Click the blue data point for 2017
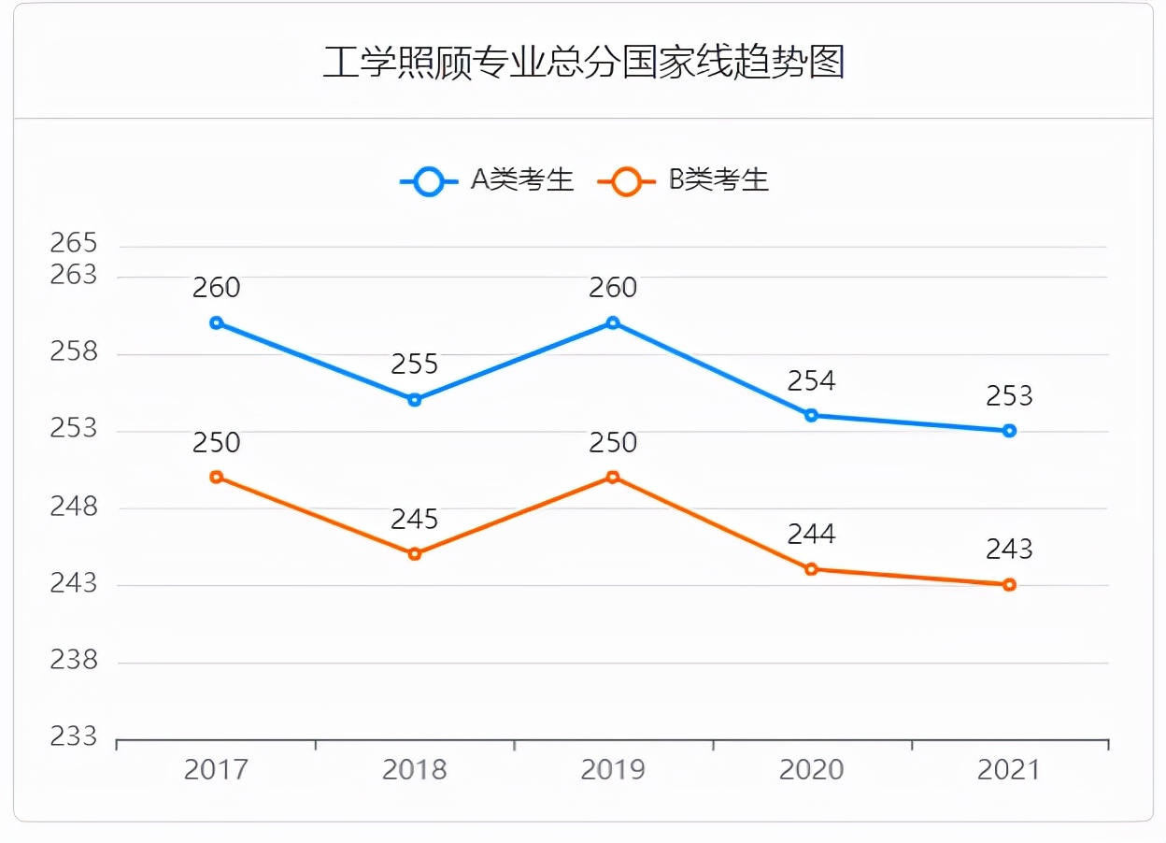(x=216, y=323)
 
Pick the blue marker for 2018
(x=415, y=400)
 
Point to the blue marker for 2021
(x=1009, y=431)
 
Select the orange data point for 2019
(x=613, y=478)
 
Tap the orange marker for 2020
(x=811, y=569)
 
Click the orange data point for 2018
(x=415, y=554)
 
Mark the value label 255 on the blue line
(x=415, y=364)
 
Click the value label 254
(x=811, y=380)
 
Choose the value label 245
(x=415, y=519)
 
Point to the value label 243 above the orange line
(x=1009, y=549)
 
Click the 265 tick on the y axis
(x=74, y=244)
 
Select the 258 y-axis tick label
(x=74, y=352)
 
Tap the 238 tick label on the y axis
(x=74, y=661)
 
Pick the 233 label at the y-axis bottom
(x=74, y=737)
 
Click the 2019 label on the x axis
(x=613, y=770)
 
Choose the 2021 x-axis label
(x=1009, y=770)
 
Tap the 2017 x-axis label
(x=216, y=770)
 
